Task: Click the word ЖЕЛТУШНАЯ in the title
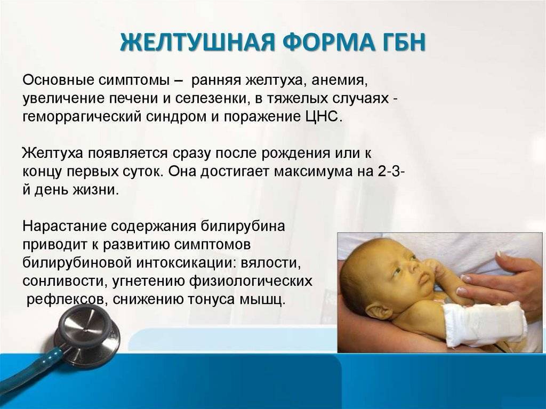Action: [196, 43]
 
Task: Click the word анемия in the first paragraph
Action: [340, 81]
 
